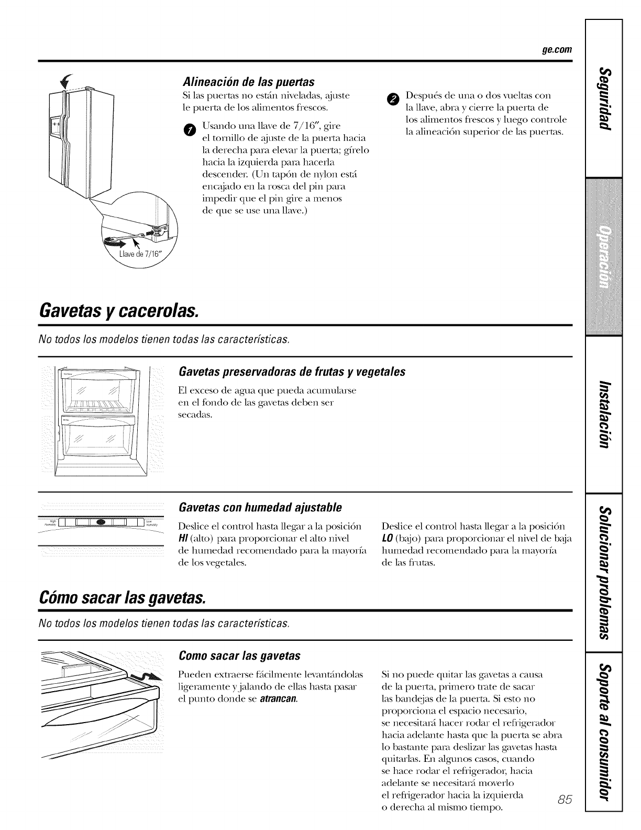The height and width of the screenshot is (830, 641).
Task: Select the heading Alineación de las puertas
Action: click(248, 82)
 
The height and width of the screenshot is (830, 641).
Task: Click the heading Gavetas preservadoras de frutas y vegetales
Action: click(292, 372)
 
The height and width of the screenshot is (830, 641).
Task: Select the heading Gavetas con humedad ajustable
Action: click(260, 507)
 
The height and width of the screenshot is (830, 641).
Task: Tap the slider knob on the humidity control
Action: click(101, 521)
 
